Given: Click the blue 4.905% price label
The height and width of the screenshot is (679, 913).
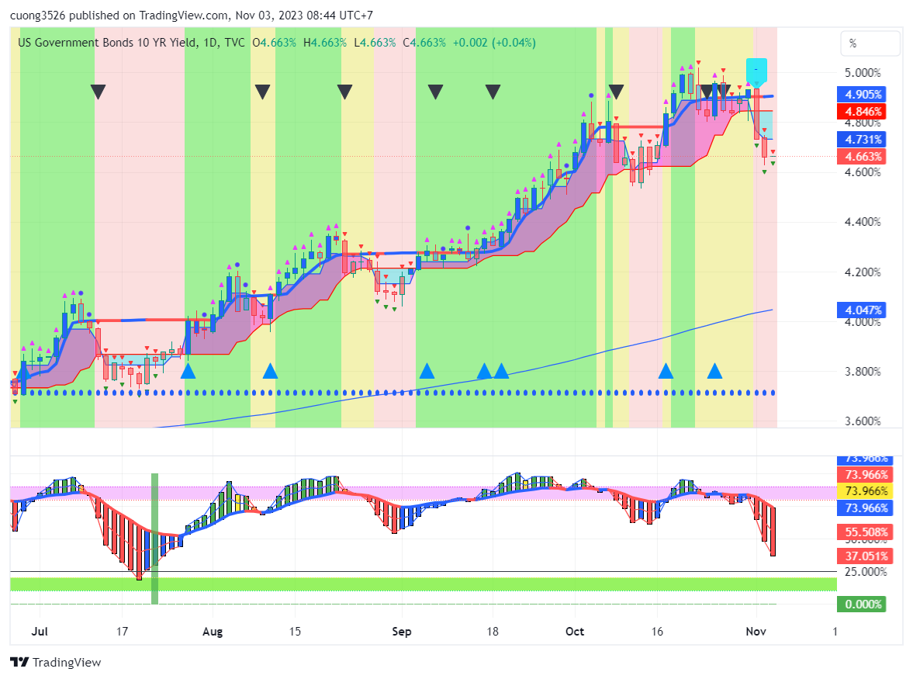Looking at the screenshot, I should (x=863, y=95).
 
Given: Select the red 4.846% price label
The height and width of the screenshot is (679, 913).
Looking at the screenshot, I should (x=863, y=111).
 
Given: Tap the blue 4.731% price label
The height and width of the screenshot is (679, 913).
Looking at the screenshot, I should (x=863, y=140).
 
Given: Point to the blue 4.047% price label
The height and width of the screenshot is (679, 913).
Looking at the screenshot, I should (x=863, y=310).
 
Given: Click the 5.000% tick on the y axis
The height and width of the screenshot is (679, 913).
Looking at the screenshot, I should (x=863, y=73).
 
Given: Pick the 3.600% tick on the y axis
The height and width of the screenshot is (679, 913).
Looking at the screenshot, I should (x=863, y=421).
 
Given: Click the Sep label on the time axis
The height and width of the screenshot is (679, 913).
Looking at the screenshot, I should (x=401, y=632).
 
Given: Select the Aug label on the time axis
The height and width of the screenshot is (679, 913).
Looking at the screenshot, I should (x=213, y=632).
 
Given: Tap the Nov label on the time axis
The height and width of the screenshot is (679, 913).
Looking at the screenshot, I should (x=756, y=632).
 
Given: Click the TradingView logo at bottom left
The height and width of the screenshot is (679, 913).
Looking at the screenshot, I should (x=56, y=662).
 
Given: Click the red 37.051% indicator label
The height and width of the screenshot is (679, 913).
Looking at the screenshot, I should (x=863, y=556).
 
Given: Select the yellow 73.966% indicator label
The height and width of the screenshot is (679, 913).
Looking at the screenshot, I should (x=863, y=491).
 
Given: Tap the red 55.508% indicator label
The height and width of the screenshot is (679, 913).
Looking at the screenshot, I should (x=863, y=532).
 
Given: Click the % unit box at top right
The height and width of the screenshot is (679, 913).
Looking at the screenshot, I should (x=871, y=43).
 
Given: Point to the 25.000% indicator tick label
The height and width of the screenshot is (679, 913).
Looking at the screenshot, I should (x=863, y=572).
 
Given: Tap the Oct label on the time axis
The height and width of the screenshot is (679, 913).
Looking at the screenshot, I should (x=575, y=632).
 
